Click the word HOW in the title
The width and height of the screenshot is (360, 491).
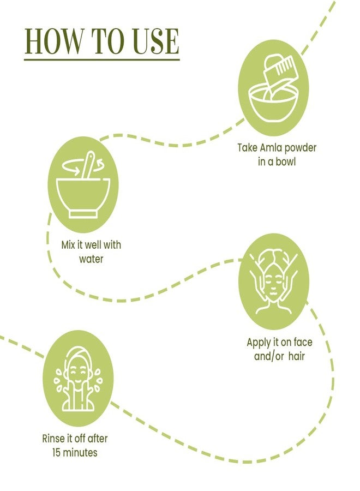(x=54, y=41)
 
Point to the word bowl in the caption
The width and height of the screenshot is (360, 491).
(x=284, y=161)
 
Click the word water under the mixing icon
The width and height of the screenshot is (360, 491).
(x=91, y=259)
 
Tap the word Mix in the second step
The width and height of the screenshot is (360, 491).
(x=69, y=244)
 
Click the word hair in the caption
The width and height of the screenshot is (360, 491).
(x=296, y=356)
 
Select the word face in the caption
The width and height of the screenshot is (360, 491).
(x=303, y=342)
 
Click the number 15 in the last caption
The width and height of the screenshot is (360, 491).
(x=57, y=452)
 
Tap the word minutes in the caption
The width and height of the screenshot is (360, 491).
(x=80, y=452)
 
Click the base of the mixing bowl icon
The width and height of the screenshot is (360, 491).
(x=83, y=214)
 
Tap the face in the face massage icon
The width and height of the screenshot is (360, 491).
(x=274, y=287)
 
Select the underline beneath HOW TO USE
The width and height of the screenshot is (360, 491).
(x=102, y=59)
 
